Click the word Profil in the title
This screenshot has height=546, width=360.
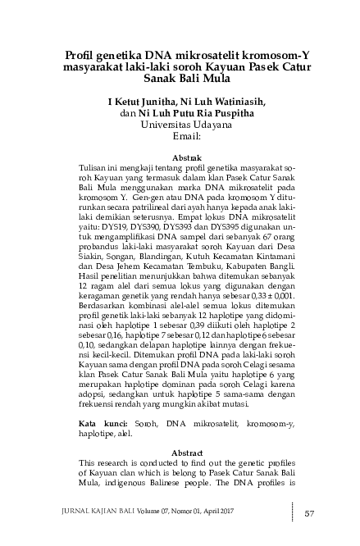[x=82, y=56]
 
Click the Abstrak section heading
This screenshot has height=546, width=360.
[x=180, y=156]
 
